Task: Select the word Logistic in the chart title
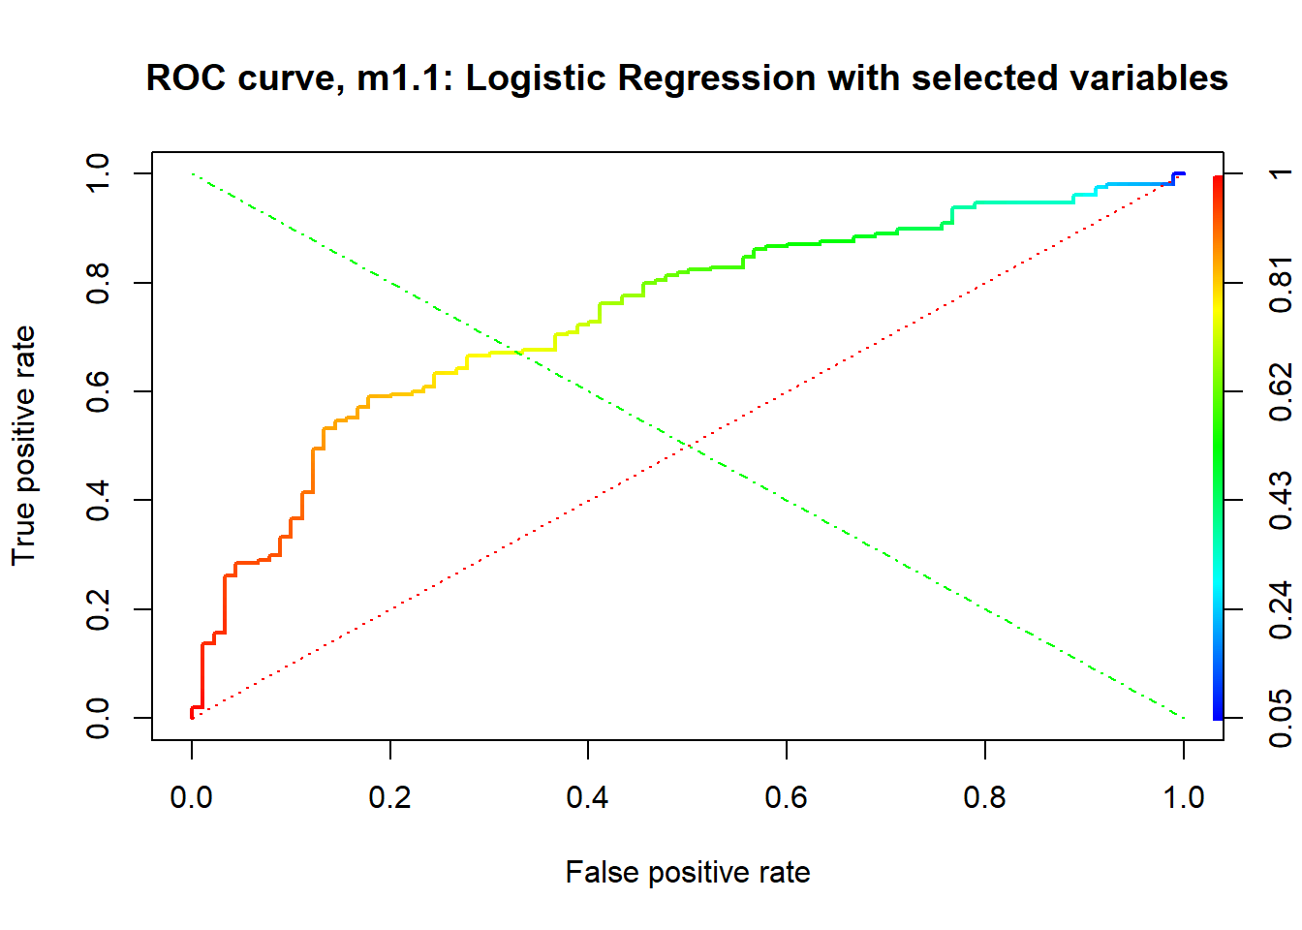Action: pyautogui.click(x=535, y=77)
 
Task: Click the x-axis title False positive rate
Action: pyautogui.click(x=688, y=872)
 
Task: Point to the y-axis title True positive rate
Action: pyautogui.click(x=23, y=446)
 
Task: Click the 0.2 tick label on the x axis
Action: pyautogui.click(x=390, y=797)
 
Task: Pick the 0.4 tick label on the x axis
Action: pyautogui.click(x=588, y=797)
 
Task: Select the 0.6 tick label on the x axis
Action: pyautogui.click(x=787, y=797)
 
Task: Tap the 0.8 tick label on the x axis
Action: pyautogui.click(x=985, y=797)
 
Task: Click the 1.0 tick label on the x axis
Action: pyautogui.click(x=1183, y=797)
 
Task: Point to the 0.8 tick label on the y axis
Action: pyautogui.click(x=98, y=282)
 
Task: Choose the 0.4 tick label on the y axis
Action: pyautogui.click(x=98, y=500)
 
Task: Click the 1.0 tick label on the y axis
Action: pyautogui.click(x=98, y=173)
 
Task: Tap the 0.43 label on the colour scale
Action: pyautogui.click(x=1281, y=501)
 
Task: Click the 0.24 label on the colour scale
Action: pyautogui.click(x=1281, y=610)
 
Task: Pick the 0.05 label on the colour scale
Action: pyautogui.click(x=1281, y=719)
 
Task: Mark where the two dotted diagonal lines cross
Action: pyautogui.click(x=688, y=446)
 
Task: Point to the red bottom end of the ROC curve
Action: pyautogui.click(x=192, y=715)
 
